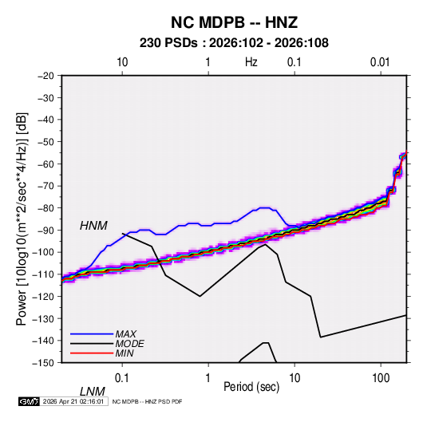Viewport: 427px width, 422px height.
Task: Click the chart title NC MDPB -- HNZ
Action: coord(234,22)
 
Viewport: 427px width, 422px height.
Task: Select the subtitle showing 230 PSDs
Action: coord(234,43)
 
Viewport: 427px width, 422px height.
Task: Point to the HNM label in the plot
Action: coord(93,226)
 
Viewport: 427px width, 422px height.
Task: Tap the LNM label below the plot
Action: coord(93,392)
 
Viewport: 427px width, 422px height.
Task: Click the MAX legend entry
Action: coord(126,333)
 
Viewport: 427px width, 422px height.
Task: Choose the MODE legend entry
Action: coord(129,344)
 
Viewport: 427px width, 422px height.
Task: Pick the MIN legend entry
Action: coord(125,353)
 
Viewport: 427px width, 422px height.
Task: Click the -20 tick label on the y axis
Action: coord(45,76)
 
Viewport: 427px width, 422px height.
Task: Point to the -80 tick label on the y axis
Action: coord(45,208)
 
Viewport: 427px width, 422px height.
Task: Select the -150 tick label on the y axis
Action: coord(43,363)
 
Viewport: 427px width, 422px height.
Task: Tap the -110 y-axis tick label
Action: coord(43,274)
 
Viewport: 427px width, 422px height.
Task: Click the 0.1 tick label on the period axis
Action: coord(122,377)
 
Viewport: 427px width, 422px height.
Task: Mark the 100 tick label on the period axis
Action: coord(381,377)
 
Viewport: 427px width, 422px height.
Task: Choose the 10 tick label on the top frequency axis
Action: coord(122,62)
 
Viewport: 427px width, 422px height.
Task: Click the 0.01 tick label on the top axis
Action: coord(380,62)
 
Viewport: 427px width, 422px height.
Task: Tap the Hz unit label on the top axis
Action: coord(251,62)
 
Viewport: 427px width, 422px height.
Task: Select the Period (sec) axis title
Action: coord(251,387)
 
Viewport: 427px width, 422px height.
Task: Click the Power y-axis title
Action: coord(22,219)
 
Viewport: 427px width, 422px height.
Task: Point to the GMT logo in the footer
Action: coord(30,401)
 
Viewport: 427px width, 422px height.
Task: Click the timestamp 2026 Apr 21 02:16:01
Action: coord(73,401)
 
